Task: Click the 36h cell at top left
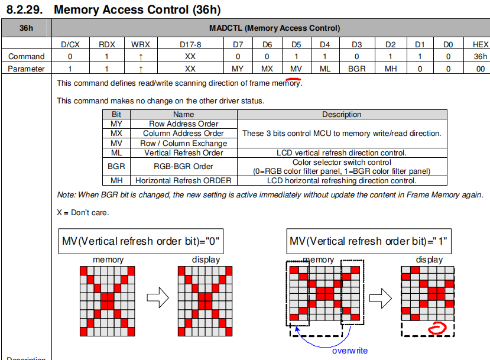26,28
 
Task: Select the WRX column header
141,44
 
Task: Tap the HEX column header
481,44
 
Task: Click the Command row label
26,56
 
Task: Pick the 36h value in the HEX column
481,56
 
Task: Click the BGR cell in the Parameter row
356,69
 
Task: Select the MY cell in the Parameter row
238,69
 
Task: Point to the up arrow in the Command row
141,56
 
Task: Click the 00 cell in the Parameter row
481,69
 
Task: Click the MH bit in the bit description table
116,180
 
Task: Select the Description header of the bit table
342,115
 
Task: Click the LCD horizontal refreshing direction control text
342,180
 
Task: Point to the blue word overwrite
349,351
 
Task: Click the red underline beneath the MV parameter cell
294,79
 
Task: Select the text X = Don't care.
83,212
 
